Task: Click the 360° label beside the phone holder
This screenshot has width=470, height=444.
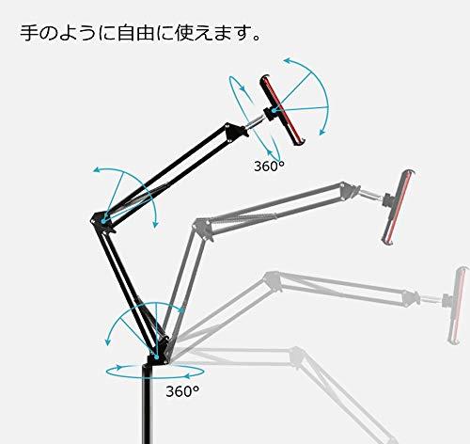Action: [x=270, y=166]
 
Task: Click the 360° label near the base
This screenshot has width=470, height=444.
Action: [x=182, y=390]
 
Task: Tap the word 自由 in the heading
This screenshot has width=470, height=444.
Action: [x=136, y=33]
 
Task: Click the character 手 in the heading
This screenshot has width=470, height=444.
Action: [x=30, y=33]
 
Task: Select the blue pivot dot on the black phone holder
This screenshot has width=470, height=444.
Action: [x=274, y=110]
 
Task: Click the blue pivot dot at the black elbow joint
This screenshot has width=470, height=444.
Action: [x=103, y=221]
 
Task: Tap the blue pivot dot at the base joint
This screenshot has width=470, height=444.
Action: [x=156, y=357]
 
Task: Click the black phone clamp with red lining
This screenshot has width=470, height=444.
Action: [x=282, y=109]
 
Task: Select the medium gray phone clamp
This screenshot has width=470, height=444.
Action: [x=398, y=207]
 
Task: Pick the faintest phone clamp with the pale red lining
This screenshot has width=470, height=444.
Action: [x=458, y=305]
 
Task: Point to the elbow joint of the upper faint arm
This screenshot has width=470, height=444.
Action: [x=272, y=281]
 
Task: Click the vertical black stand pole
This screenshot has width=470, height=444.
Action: [x=148, y=404]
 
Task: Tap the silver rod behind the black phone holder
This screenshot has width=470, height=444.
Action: [x=255, y=122]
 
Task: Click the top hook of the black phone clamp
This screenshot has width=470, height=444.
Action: [x=265, y=78]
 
